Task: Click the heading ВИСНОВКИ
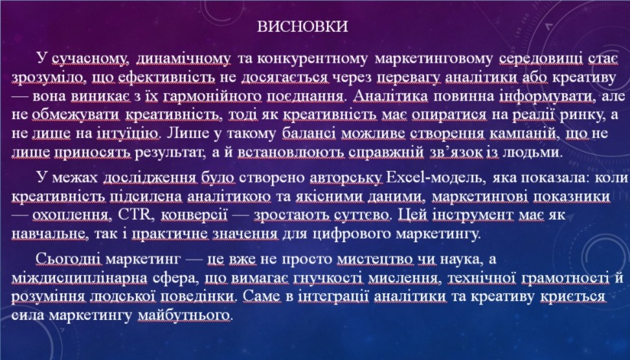pyautogui.click(x=302, y=27)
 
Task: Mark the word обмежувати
pyautogui.click(x=76, y=115)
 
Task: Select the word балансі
pyautogui.click(x=309, y=133)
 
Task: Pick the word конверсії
pyautogui.click(x=194, y=216)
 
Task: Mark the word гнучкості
pyautogui.click(x=328, y=278)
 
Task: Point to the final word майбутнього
pyautogui.click(x=185, y=315)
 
